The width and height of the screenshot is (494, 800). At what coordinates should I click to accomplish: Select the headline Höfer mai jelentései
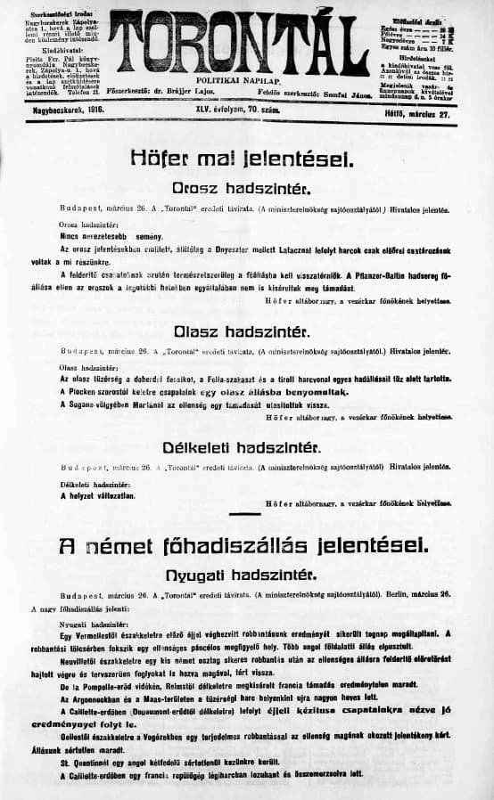242,159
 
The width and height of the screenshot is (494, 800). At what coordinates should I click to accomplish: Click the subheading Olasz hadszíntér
242,331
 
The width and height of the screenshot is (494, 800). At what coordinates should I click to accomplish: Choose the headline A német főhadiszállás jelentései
242,544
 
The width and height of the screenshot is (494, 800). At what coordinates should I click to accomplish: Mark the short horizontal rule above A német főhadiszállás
244,514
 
